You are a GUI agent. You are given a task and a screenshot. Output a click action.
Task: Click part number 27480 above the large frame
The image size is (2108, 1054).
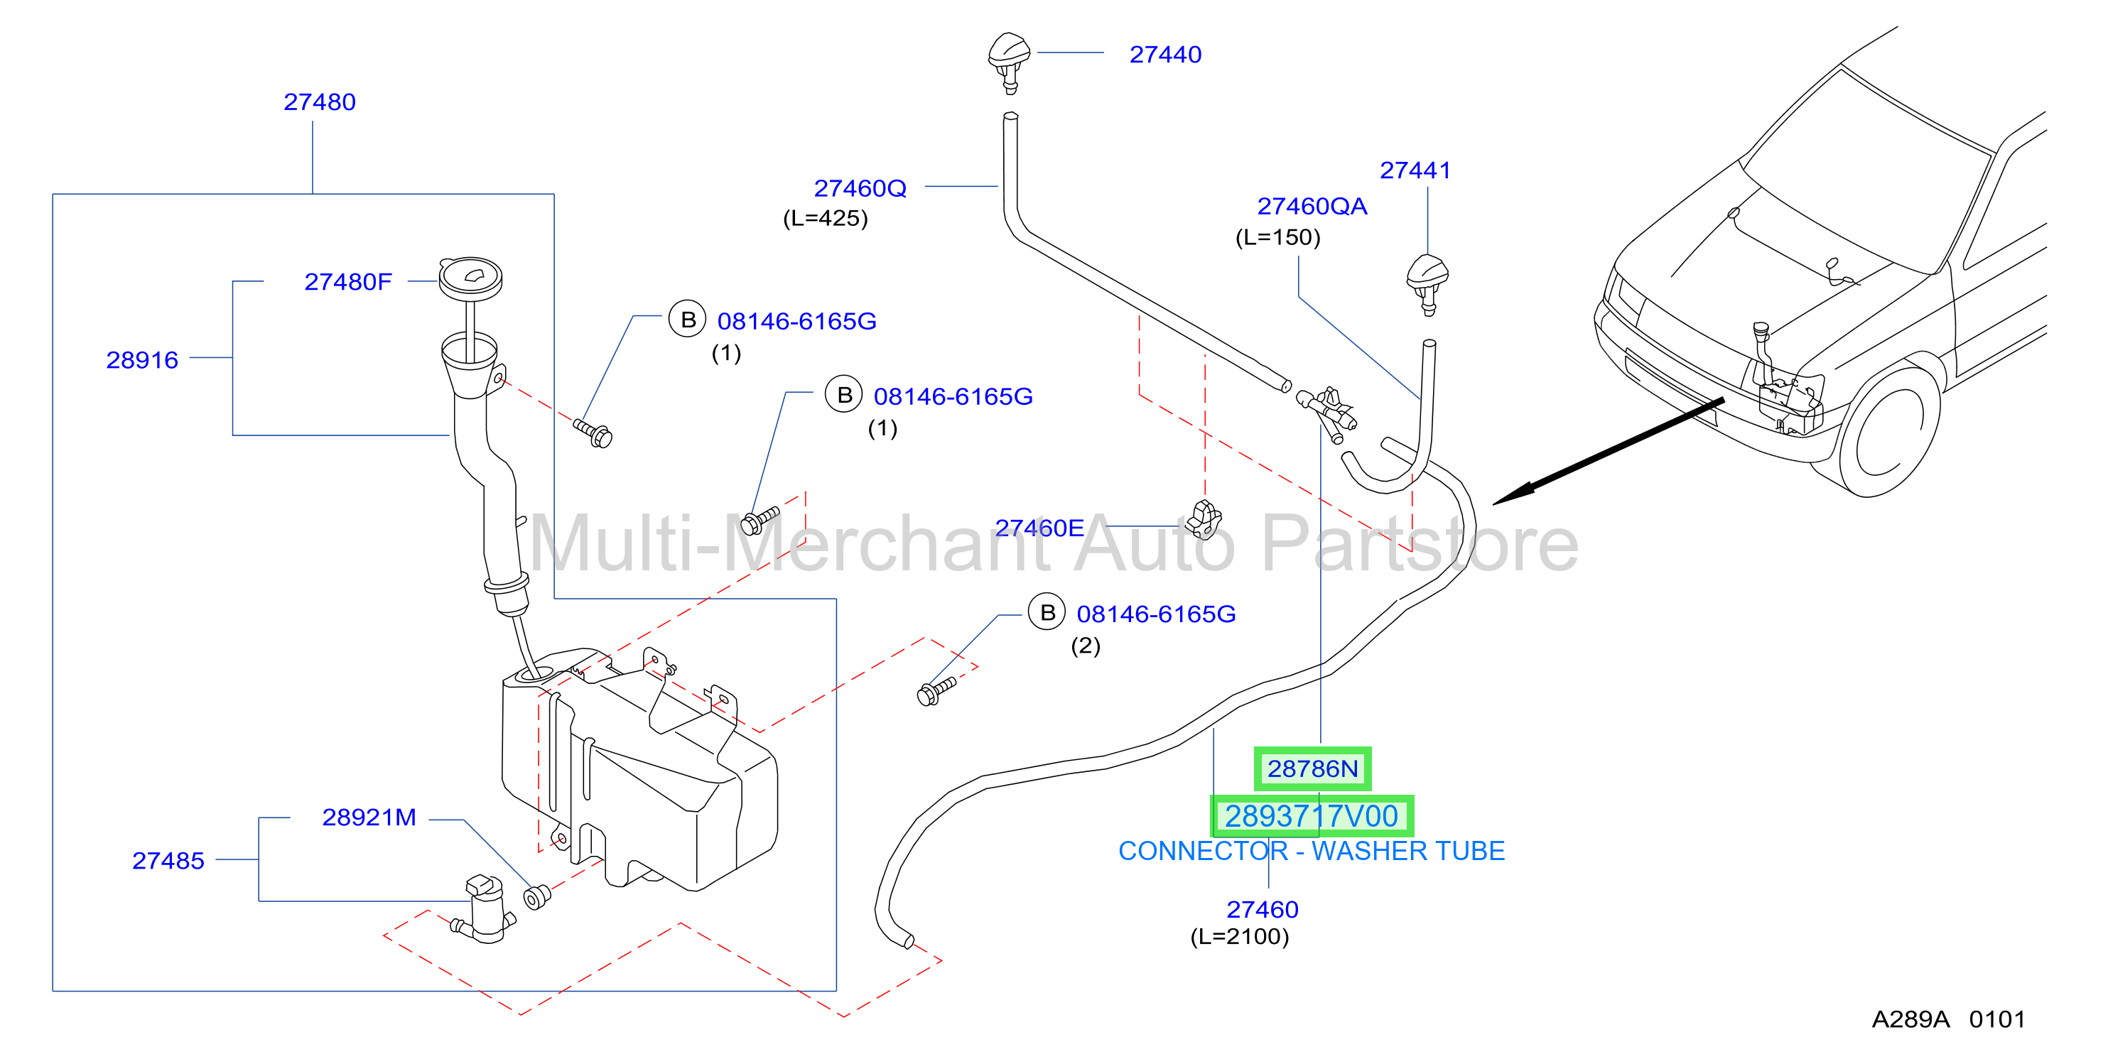click(319, 102)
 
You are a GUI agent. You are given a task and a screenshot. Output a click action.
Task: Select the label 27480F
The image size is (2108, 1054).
click(348, 283)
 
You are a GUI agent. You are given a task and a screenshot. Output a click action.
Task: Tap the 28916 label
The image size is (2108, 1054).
click(142, 360)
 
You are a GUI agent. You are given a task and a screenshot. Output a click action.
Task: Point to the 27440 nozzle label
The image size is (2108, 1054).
click(1165, 55)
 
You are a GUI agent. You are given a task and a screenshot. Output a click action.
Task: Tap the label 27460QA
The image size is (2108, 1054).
click(1312, 206)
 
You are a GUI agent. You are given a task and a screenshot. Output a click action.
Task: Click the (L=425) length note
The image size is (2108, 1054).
click(826, 219)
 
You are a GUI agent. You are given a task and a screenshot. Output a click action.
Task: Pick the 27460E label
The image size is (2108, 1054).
click(1039, 528)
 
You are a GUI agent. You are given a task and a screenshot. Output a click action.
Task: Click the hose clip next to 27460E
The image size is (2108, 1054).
click(1204, 520)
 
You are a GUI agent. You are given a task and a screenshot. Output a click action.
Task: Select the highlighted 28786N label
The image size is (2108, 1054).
click(1312, 769)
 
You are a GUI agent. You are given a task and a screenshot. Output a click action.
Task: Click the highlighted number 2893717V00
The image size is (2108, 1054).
click(1312, 816)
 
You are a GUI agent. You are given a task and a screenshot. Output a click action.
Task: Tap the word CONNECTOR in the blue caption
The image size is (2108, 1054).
click(1203, 851)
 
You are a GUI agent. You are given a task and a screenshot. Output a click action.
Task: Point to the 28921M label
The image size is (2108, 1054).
click(369, 817)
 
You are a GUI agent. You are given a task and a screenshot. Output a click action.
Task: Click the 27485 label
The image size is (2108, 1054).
click(168, 861)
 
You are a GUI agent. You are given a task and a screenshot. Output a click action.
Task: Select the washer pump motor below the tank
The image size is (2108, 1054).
click(485, 910)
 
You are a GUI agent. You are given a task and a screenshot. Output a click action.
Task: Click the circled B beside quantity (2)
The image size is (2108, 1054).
click(1047, 612)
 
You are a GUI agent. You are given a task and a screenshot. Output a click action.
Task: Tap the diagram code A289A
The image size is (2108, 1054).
click(1910, 1020)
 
